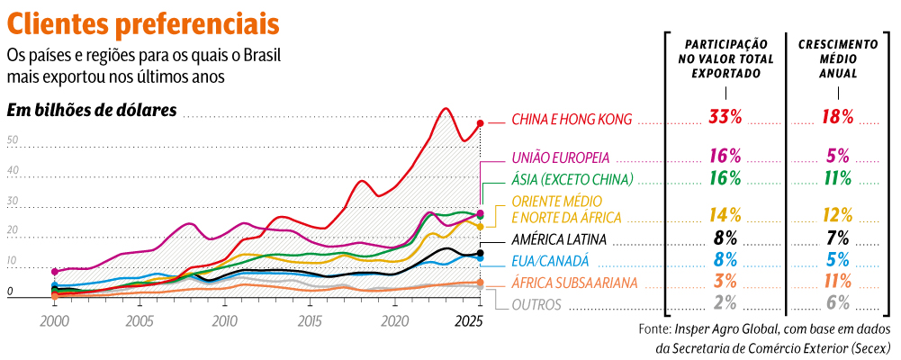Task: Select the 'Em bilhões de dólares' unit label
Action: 92,111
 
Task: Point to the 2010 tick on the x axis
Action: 224,320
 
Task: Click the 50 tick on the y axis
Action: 13,140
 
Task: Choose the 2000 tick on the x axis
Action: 54,320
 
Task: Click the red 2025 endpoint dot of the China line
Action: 481,122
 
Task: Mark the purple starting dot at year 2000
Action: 54,271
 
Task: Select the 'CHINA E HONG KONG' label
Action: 572,119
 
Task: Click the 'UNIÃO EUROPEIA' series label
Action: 560,156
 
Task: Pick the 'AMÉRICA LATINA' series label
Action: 558,239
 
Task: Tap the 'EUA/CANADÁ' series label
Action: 549,261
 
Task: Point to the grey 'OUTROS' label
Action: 536,304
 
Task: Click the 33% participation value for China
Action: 725,117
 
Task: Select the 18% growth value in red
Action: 837,117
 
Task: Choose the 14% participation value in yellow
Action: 725,214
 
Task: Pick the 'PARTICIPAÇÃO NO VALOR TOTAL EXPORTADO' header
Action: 725,58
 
